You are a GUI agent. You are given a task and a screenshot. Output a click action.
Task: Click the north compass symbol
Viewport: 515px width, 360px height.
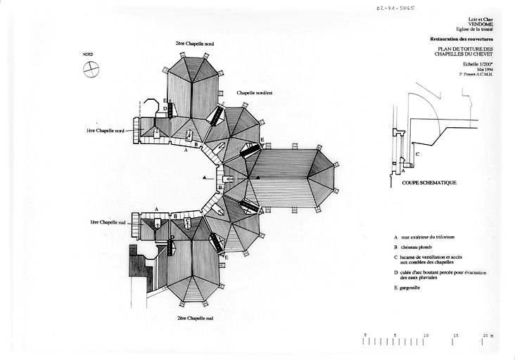tap(91, 67)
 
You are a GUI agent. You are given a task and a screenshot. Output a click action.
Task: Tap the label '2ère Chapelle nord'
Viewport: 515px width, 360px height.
tap(195, 44)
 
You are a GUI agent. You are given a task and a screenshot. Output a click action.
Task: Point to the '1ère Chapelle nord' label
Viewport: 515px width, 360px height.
tap(106, 131)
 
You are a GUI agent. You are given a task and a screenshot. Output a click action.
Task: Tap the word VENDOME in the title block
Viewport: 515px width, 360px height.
tap(480, 22)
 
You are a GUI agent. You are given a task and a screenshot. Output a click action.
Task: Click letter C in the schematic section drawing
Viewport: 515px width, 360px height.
tap(418, 153)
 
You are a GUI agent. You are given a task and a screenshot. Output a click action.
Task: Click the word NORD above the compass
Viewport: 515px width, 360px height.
tap(88, 54)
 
